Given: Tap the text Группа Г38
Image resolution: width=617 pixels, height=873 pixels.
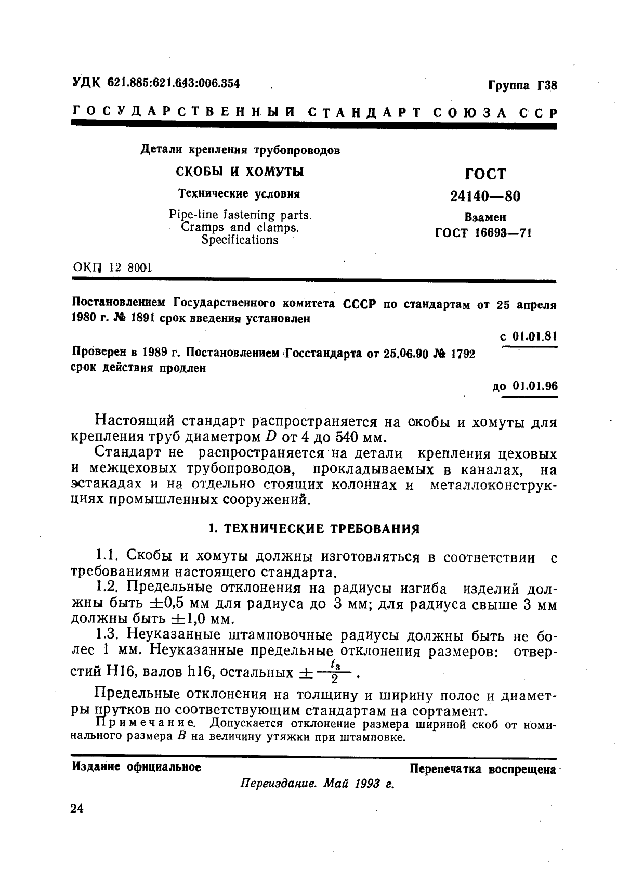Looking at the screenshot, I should coord(522,84).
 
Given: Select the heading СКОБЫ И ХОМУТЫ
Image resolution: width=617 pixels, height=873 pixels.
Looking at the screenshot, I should coord(240,172).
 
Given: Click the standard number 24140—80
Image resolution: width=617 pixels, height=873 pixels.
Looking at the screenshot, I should coord(484,196).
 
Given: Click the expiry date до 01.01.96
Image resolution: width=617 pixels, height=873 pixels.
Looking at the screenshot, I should coord(524,386).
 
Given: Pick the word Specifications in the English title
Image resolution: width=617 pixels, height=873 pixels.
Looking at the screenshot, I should coord(240,240).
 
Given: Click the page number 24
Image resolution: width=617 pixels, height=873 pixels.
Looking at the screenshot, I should coord(76,809).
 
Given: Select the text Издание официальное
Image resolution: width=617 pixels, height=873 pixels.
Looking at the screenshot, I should coord(137,767).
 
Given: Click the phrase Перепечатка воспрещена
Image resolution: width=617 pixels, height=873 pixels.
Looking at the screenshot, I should coord(483,769).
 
